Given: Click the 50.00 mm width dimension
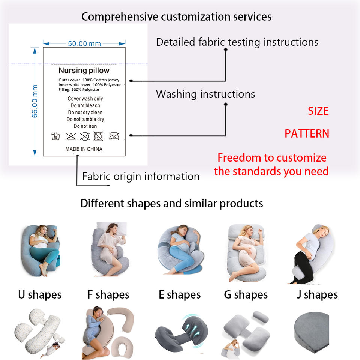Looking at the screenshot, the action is (84, 43).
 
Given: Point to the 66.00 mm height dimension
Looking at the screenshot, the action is (34, 102).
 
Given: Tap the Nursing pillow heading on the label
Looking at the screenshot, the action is (84, 70).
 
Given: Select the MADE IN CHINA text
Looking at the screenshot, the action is (84, 149).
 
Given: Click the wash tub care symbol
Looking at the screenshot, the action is (55, 136).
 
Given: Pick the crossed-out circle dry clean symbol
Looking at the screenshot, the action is (85, 136).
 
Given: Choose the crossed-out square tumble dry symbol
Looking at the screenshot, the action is (98, 136).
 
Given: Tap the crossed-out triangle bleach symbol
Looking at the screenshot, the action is (71, 136).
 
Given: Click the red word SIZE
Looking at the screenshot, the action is (318, 111).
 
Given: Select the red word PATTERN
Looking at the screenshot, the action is (307, 133).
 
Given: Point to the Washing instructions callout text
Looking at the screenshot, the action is (205, 94).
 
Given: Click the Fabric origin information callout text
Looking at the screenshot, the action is (141, 177).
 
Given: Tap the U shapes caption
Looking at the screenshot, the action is (40, 295).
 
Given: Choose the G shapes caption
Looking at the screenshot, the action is (246, 295).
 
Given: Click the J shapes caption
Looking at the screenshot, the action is (318, 295).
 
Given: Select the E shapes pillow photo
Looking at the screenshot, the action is (180, 250).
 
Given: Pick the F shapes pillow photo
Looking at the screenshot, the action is (110, 249).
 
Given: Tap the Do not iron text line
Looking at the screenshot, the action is (85, 126).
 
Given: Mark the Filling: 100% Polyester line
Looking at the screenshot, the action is (79, 90).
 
